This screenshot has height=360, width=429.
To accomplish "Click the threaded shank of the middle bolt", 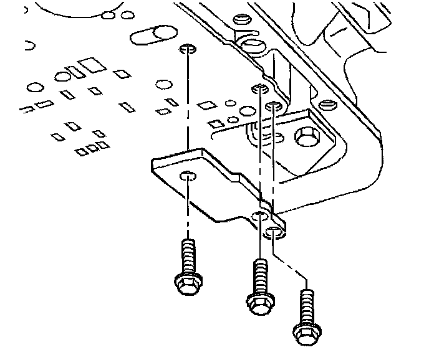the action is pyautogui.click(x=259, y=274).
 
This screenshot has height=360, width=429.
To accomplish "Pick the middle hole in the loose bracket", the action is pyautogui.click(x=259, y=216).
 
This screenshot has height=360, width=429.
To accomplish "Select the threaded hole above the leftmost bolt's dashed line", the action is pyautogui.click(x=187, y=49).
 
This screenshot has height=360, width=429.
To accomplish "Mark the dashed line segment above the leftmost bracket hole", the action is pyautogui.click(x=187, y=112).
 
